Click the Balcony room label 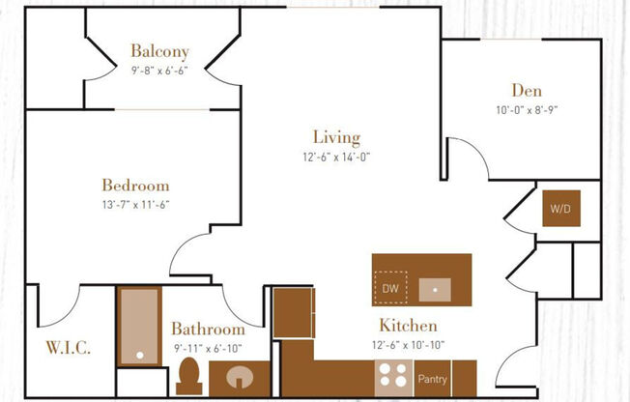160,51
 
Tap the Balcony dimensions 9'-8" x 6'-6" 160,70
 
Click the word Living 336,137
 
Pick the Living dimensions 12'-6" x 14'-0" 335,157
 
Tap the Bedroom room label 135,185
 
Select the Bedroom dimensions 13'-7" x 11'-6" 135,204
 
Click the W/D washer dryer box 560,208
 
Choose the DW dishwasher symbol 390,288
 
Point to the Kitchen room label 408,326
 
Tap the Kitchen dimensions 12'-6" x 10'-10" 408,343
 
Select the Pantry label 431,379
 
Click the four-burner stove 392,375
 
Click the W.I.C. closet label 68,348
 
